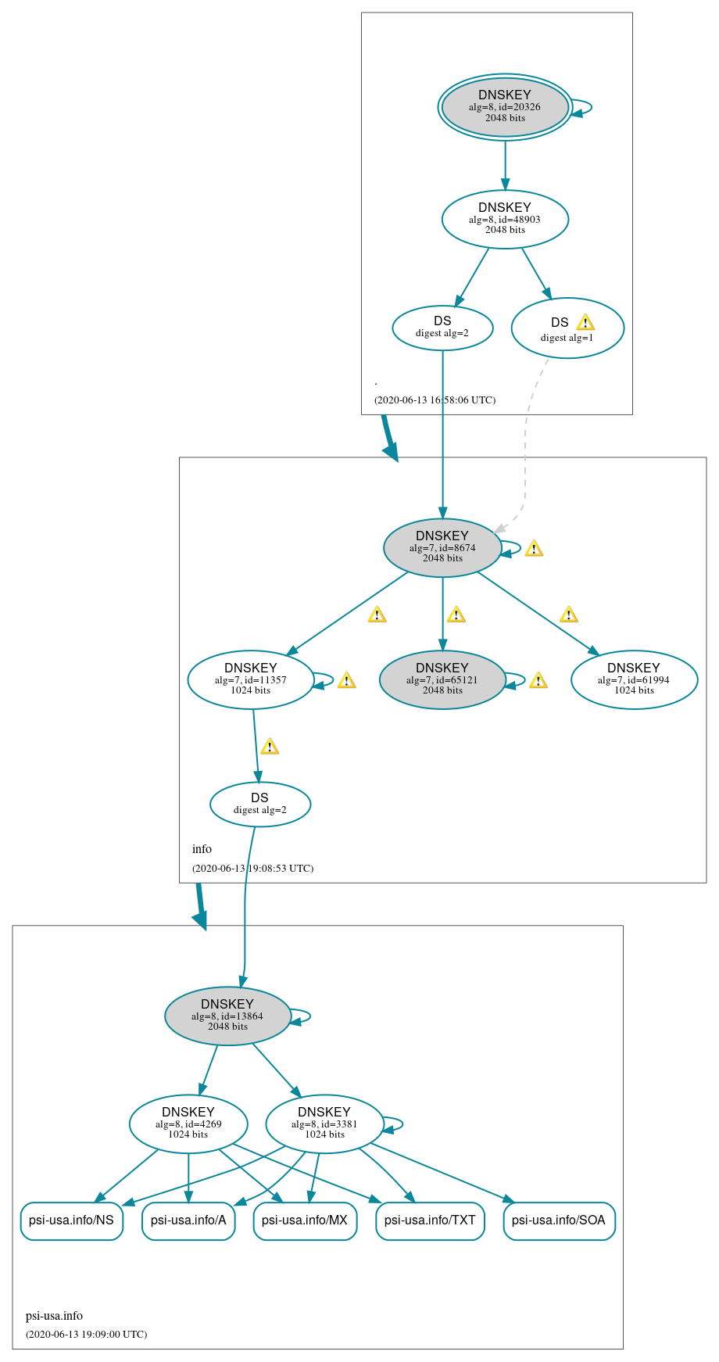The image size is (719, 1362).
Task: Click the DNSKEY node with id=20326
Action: (x=505, y=107)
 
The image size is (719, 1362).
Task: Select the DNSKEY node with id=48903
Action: (x=505, y=219)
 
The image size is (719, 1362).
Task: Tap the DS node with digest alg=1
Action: (x=567, y=328)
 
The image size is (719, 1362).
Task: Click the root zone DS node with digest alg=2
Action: (x=442, y=328)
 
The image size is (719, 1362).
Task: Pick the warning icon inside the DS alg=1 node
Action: (x=585, y=322)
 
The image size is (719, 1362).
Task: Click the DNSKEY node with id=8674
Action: (x=442, y=547)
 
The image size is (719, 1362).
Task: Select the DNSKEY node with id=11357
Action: (x=251, y=679)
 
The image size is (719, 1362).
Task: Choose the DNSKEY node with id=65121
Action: (x=442, y=679)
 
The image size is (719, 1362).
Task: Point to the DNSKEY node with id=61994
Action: (x=634, y=679)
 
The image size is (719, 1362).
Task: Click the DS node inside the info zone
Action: (x=260, y=804)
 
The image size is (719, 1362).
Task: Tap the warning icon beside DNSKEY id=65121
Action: (x=538, y=680)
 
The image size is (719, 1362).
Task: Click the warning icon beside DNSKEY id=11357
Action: (x=346, y=680)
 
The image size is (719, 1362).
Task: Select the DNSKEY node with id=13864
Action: (x=227, y=1016)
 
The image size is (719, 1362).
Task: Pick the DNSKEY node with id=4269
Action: (x=188, y=1124)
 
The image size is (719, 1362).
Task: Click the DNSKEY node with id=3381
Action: (x=324, y=1124)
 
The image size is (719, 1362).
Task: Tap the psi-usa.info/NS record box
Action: (x=71, y=1220)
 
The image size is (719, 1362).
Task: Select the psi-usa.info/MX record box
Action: (x=305, y=1220)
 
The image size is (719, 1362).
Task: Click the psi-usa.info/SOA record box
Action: (x=559, y=1220)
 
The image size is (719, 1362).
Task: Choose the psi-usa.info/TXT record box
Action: (x=430, y=1220)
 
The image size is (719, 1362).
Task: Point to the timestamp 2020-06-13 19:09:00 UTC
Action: (x=86, y=1334)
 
